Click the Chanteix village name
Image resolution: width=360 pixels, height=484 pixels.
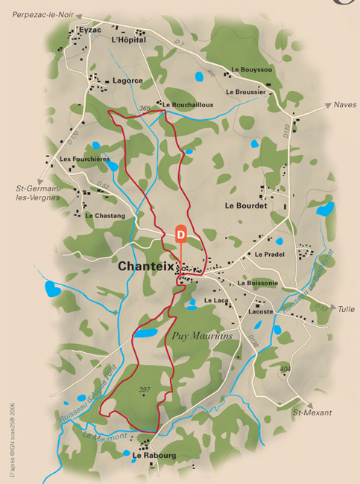tap(146, 266)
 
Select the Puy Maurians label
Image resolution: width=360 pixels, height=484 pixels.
tap(203, 336)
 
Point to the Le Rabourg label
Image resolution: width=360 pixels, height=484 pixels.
tap(154, 454)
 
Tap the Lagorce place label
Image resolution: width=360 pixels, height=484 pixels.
tap(127, 80)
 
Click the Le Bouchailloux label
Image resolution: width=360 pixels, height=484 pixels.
tap(188, 105)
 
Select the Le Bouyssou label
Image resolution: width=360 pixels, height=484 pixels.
tap(252, 70)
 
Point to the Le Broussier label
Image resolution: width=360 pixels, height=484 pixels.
tap(245, 92)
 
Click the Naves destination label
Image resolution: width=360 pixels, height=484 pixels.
tap(345, 105)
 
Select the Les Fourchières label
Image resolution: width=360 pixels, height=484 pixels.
tap(85, 159)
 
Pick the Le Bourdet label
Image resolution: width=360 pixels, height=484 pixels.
tap(245, 205)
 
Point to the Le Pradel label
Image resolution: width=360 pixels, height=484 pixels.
tap(270, 255)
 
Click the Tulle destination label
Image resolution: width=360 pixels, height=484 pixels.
tap(346, 309)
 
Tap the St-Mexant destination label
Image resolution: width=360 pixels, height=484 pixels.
tap(312, 413)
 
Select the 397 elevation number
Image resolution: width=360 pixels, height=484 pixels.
tap(145, 389)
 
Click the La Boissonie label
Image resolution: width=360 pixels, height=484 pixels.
tap(258, 283)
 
